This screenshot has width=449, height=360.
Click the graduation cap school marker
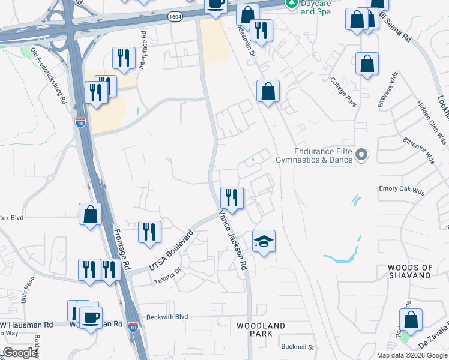click(264, 241)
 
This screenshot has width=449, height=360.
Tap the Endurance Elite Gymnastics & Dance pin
click(361, 155)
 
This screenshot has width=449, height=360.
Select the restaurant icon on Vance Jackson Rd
click(231, 197)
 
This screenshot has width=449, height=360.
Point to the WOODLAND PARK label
click(261, 329)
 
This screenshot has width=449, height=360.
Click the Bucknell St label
click(297, 347)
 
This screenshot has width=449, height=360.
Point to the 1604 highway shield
click(175, 17)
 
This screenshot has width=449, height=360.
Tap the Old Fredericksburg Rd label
click(49, 76)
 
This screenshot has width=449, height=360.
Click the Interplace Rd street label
click(143, 50)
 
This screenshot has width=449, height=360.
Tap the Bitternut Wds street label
click(419, 148)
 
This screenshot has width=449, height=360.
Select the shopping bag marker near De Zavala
click(411, 320)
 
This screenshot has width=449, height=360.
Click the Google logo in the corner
click(20, 353)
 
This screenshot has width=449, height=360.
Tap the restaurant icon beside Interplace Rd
click(124, 58)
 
